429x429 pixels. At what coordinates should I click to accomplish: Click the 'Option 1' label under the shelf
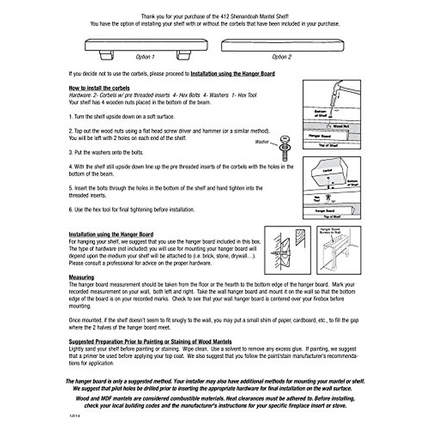[145, 57]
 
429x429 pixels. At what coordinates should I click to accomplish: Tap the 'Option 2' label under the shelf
[282, 57]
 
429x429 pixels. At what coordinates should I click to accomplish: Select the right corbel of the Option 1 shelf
[184, 55]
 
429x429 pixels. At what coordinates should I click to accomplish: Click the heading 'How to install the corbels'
[99, 88]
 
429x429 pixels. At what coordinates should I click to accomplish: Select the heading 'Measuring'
[82, 277]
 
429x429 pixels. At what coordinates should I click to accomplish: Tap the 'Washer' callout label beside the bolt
[262, 142]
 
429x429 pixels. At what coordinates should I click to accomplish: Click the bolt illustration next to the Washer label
[285, 148]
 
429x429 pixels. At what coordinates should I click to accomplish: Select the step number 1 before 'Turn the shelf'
[71, 117]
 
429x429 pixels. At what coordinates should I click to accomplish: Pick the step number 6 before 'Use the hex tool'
[71, 210]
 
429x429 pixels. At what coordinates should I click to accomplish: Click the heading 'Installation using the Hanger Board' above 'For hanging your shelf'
[111, 235]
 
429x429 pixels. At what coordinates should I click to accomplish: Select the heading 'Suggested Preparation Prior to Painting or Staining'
[150, 342]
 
